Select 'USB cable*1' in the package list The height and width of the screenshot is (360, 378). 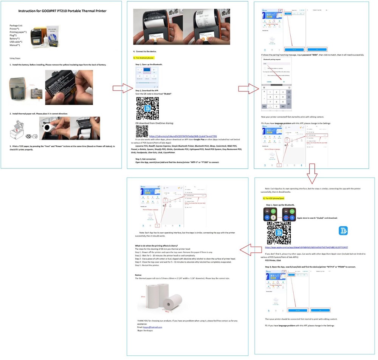click(16, 42)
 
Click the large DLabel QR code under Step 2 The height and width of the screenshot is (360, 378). click(147, 108)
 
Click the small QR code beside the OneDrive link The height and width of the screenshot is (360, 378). click(142, 132)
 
